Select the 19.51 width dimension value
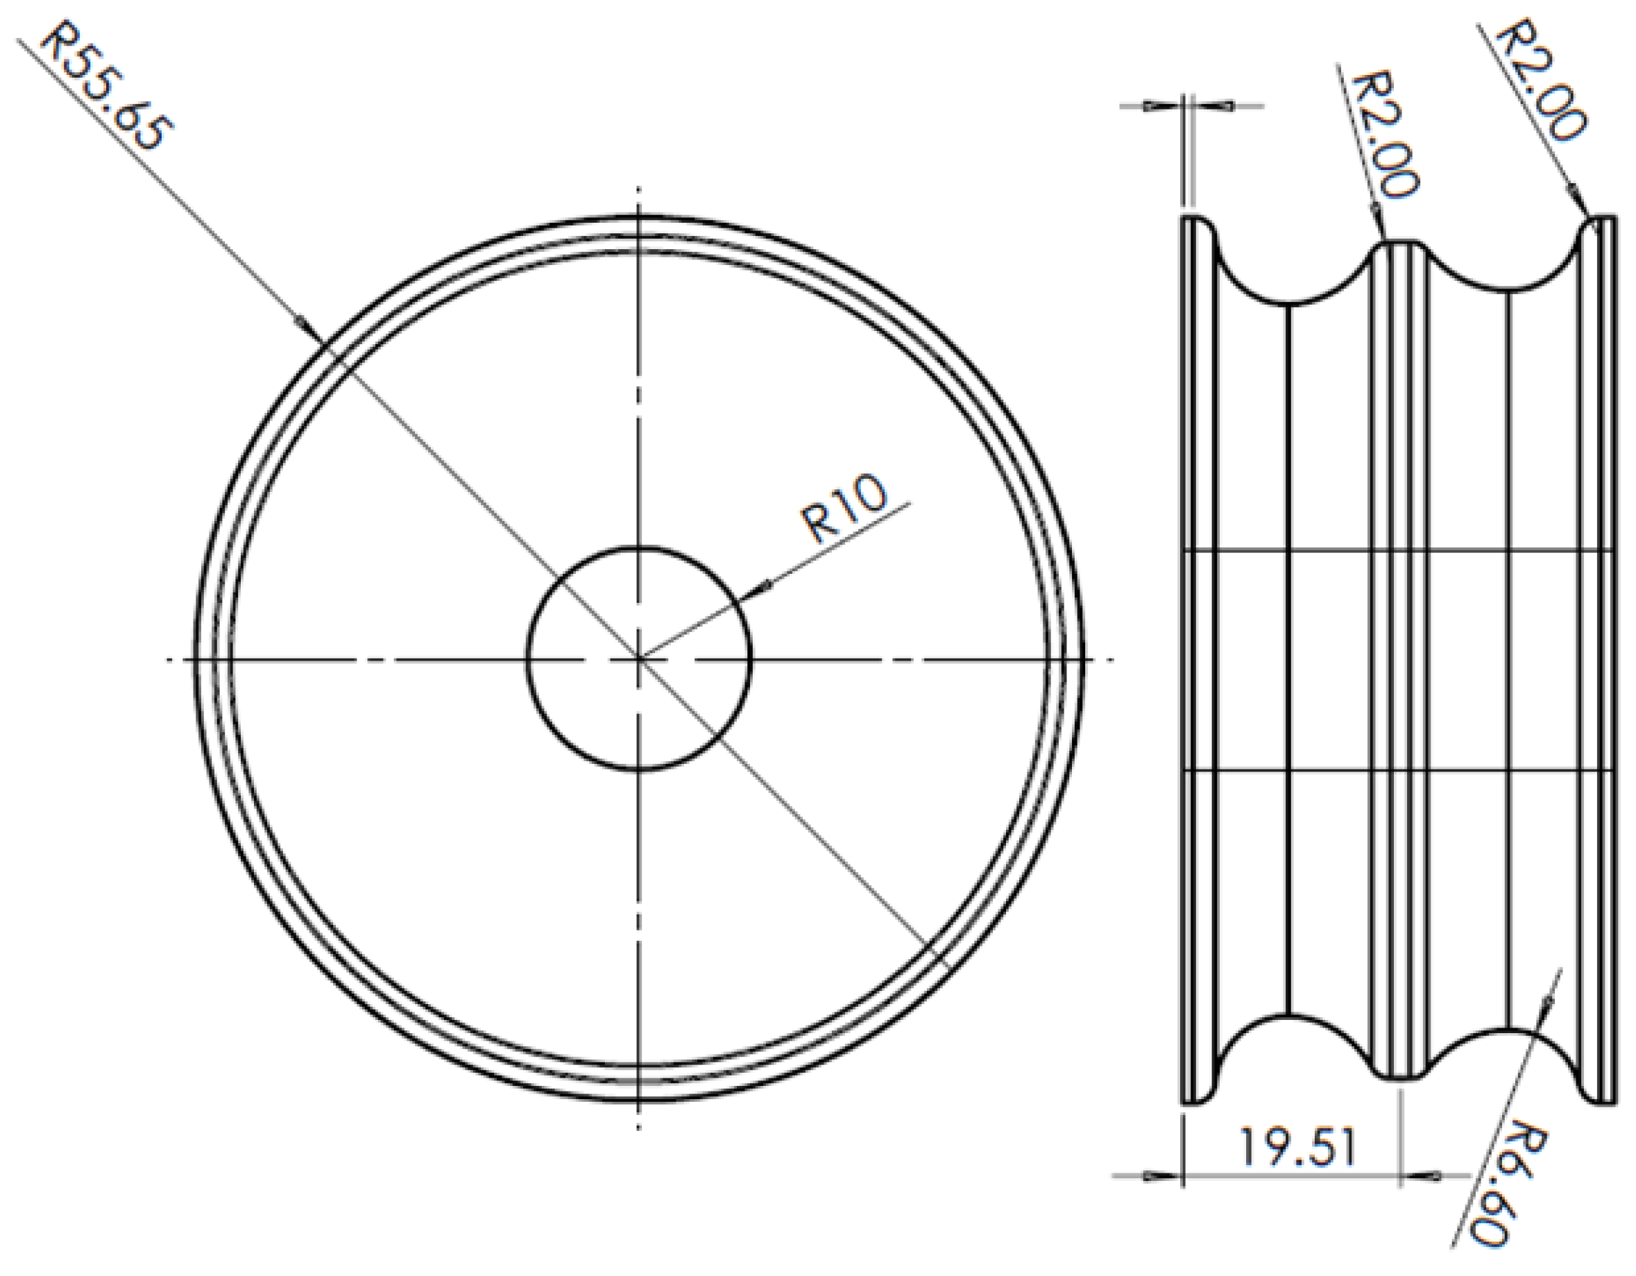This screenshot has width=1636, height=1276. click(1297, 1148)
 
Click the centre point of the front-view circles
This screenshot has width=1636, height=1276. click(638, 659)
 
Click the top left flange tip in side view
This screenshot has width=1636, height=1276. click(1197, 217)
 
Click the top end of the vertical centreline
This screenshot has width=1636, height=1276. click(638, 189)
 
